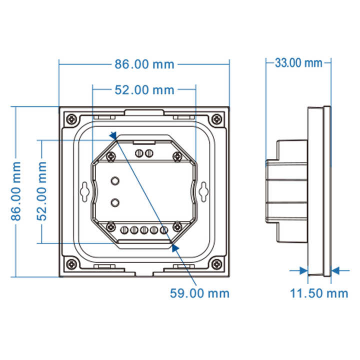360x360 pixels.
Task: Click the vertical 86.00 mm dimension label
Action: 16,191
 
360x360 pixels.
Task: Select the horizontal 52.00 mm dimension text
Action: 144,90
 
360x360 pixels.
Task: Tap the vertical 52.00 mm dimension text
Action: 42,191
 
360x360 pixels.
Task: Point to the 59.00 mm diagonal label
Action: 199,293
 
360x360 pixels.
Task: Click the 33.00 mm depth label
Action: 298,63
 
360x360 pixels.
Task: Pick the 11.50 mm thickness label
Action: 319,293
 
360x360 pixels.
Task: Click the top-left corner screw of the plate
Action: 72,119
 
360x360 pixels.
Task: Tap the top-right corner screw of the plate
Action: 216,119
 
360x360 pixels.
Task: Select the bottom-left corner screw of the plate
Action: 72,263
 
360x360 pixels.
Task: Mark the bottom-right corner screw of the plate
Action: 216,263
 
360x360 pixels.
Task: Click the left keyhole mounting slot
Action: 85,190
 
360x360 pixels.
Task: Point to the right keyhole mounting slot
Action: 203,190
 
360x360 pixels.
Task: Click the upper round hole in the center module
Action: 115,180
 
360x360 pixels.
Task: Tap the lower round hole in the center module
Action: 115,202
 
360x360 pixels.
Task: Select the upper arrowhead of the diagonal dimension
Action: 113,135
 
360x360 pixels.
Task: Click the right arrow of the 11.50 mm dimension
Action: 336,270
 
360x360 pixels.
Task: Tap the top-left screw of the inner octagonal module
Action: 110,157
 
